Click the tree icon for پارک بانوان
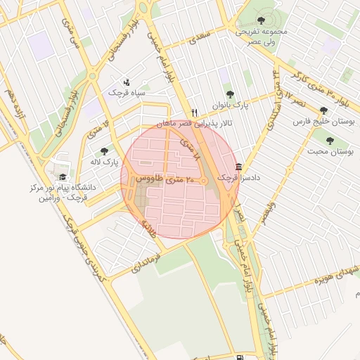pos(229,94)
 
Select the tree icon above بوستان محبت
pos(330,141)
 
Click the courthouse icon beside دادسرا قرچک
pos(240,167)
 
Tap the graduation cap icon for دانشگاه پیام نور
pos(62,177)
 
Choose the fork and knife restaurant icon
pos(195,112)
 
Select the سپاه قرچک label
pos(125,92)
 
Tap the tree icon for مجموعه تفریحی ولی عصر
pos(261,20)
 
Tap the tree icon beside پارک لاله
pos(104,151)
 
